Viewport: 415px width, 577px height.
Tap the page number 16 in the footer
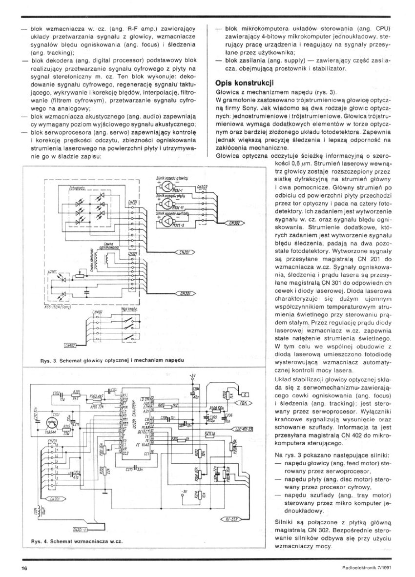pos(23,567)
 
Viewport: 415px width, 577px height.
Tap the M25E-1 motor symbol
pos(166,187)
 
